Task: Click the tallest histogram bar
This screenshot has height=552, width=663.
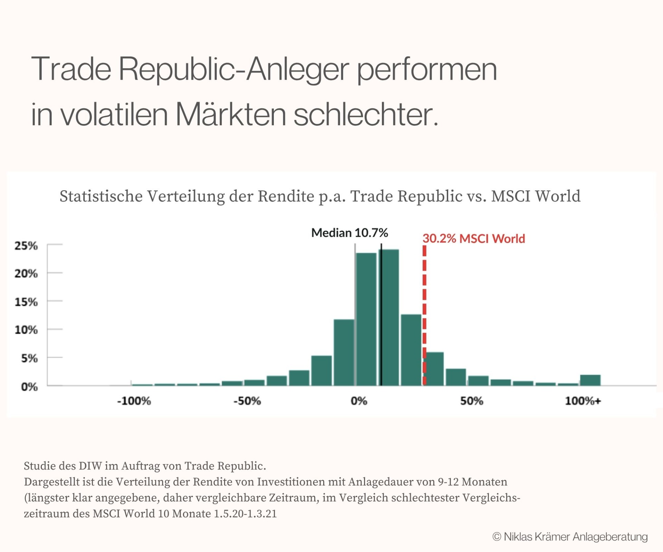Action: click(x=389, y=318)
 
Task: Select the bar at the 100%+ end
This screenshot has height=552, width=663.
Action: click(x=590, y=380)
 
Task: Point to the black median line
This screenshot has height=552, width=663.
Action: click(x=381, y=311)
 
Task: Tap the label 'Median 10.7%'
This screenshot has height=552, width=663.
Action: click(x=349, y=233)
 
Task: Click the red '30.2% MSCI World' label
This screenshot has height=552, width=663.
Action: click(x=474, y=239)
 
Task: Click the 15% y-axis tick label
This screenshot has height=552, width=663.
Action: click(x=26, y=302)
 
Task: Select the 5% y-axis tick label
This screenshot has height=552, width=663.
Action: click(x=29, y=358)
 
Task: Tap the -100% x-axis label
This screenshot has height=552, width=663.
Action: click(x=134, y=401)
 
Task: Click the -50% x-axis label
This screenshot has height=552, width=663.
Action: click(x=247, y=401)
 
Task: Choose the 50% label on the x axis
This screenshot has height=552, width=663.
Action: click(x=471, y=401)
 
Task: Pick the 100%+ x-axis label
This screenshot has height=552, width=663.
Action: click(x=583, y=401)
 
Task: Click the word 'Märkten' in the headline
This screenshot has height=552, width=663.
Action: click(x=231, y=115)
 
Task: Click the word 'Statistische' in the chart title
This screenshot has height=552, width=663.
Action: click(x=101, y=196)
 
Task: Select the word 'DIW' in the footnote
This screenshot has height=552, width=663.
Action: click(x=90, y=466)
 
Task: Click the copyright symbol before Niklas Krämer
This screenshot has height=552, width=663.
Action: click(x=497, y=537)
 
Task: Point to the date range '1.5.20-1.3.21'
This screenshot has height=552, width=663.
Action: click(x=245, y=514)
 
